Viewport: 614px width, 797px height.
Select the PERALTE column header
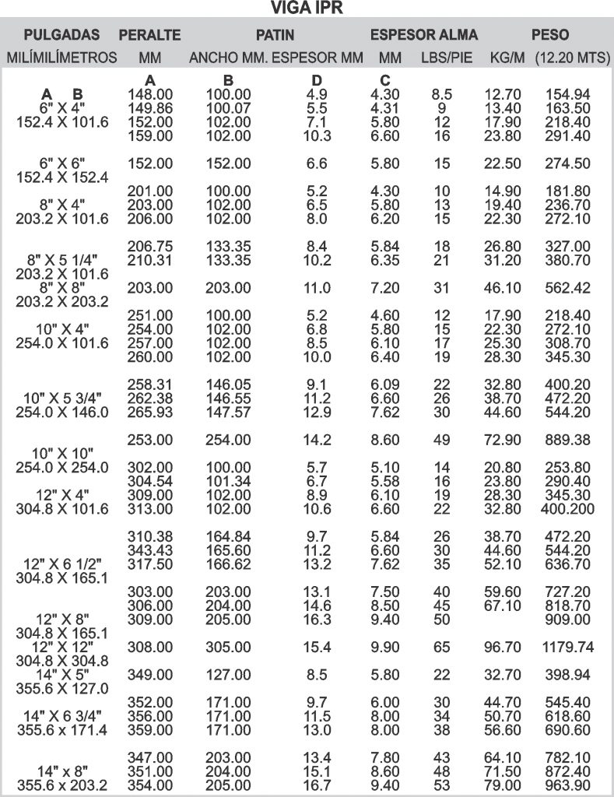pyautogui.click(x=149, y=35)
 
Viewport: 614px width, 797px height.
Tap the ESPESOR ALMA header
pyautogui.click(x=423, y=35)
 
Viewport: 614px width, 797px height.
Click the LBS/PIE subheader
pyautogui.click(x=447, y=58)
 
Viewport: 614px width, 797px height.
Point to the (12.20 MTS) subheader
pyautogui.click(x=572, y=58)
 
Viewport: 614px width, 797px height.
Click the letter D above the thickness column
pyautogui.click(x=316, y=81)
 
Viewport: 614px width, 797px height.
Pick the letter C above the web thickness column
pyautogui.click(x=384, y=81)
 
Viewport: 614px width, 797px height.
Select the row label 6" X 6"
pyautogui.click(x=62, y=163)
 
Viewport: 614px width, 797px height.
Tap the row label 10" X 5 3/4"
pyautogui.click(x=62, y=398)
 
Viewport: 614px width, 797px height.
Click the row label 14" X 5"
pyautogui.click(x=62, y=676)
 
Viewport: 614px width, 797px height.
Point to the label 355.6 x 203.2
pyautogui.click(x=62, y=785)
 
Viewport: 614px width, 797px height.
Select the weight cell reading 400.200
pyautogui.click(x=567, y=509)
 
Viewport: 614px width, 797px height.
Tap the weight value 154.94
pyautogui.click(x=567, y=94)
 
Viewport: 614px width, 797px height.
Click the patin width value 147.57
pyautogui.click(x=227, y=411)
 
